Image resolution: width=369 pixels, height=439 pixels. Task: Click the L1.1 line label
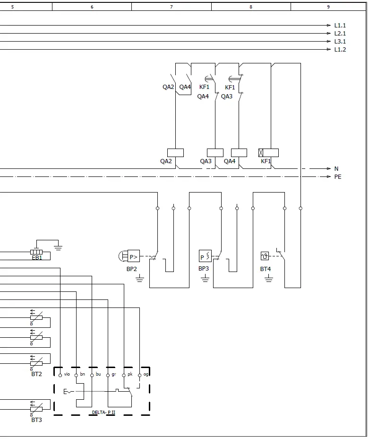[x=340, y=26]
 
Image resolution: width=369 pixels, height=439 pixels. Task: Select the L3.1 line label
[x=340, y=42]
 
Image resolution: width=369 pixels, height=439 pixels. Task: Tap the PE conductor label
[x=338, y=177]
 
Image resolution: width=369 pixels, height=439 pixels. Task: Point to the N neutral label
[x=336, y=169]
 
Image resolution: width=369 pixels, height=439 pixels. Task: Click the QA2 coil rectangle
[x=175, y=153]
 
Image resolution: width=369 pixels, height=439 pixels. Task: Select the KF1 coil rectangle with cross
[x=268, y=153]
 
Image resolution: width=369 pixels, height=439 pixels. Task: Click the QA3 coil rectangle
[x=215, y=153]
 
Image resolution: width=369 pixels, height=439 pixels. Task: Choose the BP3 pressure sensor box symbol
[x=205, y=256]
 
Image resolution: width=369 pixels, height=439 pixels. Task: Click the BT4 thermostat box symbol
[x=265, y=256]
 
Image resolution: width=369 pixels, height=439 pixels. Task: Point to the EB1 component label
[x=37, y=258]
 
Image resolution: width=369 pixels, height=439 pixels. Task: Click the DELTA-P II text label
[x=103, y=413]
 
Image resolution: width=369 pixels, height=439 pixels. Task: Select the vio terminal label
[x=67, y=374]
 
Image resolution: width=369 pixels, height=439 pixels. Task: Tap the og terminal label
[x=146, y=374]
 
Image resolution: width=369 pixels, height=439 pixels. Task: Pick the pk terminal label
[x=130, y=374]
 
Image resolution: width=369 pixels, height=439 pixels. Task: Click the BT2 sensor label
[x=36, y=374]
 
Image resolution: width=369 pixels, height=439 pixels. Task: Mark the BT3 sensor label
[x=36, y=420]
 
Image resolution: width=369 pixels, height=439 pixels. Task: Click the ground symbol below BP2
[x=139, y=279]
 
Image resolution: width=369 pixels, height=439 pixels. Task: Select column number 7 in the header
[x=171, y=7]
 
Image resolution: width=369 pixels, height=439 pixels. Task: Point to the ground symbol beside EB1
[x=58, y=246]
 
